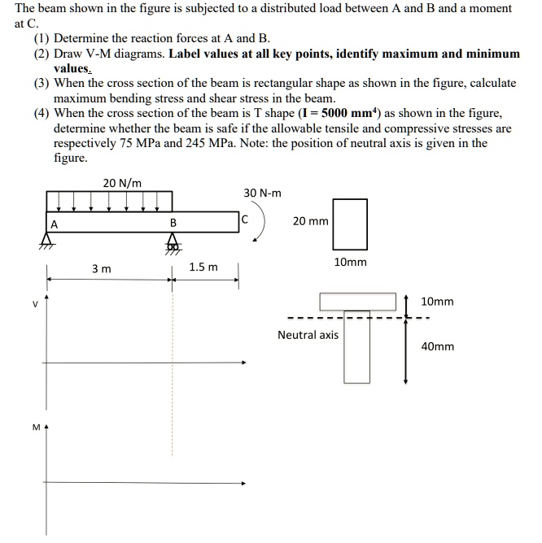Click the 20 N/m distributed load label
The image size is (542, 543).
coord(123,182)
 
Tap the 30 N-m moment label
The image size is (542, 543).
coord(262,193)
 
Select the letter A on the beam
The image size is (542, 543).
coord(55,224)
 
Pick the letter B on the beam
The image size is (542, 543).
coord(173,224)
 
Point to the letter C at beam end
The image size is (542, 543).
coord(244,219)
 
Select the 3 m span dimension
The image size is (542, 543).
coord(101,268)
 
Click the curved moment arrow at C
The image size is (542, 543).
coord(260,229)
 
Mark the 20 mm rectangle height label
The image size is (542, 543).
coord(311,221)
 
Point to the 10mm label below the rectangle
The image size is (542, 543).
coord(351,263)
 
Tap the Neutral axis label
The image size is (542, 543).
coord(308,335)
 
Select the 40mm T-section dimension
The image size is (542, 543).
coord(437,346)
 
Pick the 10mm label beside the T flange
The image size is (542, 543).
coord(437,302)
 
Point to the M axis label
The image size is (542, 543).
coord(35,426)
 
